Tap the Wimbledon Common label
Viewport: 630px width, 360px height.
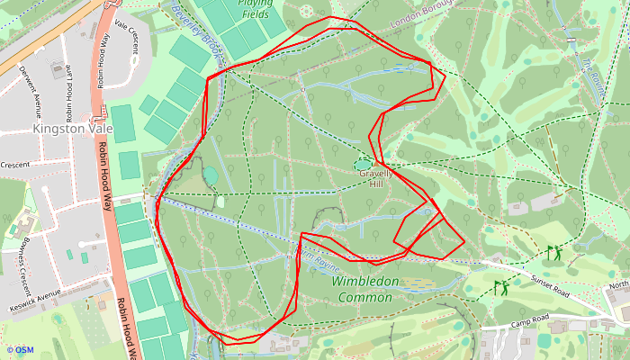pos(365,289)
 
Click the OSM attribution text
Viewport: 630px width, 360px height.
pos(20,350)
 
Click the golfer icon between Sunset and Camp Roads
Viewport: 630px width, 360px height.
pos(500,288)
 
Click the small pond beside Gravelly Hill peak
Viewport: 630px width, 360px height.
pos(364,165)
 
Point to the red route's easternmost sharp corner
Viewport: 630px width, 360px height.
pos(464,241)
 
